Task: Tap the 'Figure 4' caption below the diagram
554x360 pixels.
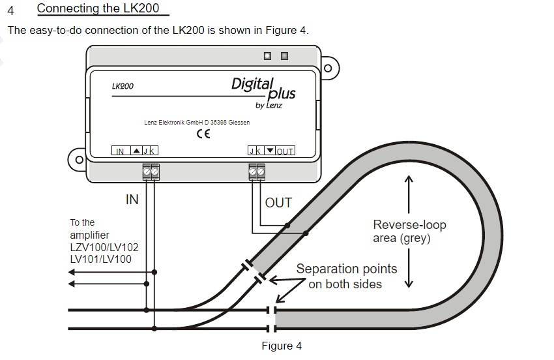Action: click(x=282, y=346)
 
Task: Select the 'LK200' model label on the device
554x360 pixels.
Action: click(x=123, y=85)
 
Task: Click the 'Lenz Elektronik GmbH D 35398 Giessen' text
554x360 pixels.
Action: click(x=197, y=123)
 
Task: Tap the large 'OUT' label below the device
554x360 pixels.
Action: click(x=278, y=203)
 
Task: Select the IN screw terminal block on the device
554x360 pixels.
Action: click(x=151, y=172)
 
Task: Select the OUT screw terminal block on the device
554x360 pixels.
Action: click(x=256, y=172)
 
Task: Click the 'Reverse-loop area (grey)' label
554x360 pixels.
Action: click(x=409, y=232)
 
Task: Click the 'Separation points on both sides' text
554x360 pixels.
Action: click(x=346, y=277)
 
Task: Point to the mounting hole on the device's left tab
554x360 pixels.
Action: click(x=80, y=160)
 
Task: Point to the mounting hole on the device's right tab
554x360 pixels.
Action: click(x=328, y=68)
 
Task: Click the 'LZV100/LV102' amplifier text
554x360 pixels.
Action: click(x=104, y=247)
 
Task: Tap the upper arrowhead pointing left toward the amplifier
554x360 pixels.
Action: click(x=72, y=273)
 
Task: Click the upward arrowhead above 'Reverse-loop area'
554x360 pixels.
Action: click(x=409, y=179)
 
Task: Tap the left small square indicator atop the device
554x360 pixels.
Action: click(x=268, y=55)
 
